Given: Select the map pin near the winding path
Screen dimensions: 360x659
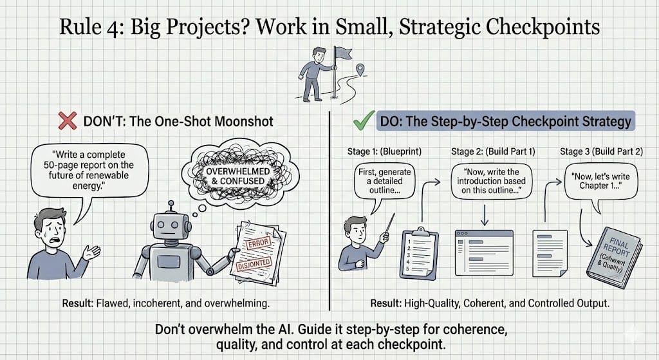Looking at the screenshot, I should coord(360,68).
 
